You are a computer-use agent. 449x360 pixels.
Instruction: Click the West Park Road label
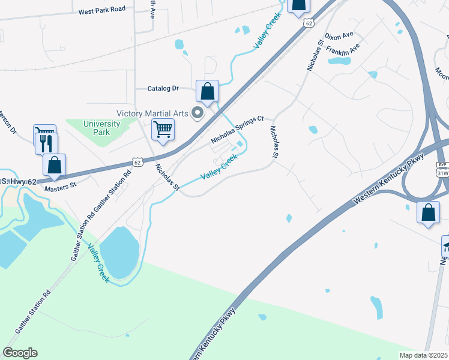(102, 10)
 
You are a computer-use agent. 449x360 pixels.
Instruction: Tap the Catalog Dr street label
(163, 88)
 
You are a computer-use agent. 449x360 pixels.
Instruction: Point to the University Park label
(101, 128)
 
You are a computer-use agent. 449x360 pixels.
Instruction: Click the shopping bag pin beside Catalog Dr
(207, 92)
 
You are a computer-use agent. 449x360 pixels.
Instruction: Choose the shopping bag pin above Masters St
(55, 165)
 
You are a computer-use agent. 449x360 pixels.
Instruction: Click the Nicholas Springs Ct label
(238, 130)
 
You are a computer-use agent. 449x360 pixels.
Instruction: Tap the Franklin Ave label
(343, 53)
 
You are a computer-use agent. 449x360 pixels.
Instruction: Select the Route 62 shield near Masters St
(137, 162)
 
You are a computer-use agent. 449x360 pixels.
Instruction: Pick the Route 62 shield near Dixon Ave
(309, 23)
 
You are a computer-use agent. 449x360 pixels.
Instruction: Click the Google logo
(20, 353)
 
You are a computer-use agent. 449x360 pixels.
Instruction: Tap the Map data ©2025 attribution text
(423, 355)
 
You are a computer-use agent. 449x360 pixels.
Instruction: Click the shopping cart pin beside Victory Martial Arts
(163, 129)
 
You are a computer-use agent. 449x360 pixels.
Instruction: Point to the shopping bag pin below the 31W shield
(427, 212)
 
